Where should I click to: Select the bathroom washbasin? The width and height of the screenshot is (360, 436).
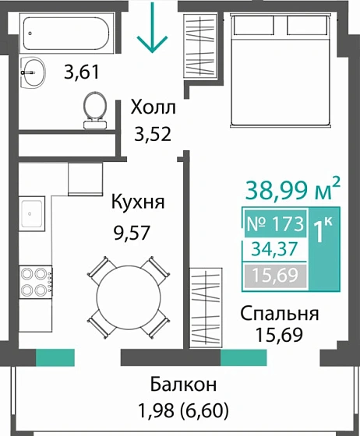coord(34,73)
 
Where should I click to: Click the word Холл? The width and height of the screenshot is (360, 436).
coord(154,107)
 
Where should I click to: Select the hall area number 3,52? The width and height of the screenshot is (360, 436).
coord(153,133)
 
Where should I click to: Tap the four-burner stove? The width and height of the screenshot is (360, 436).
coord(35,281)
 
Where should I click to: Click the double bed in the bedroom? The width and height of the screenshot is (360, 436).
coord(278,70)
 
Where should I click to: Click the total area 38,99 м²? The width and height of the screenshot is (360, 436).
coord(293,188)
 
